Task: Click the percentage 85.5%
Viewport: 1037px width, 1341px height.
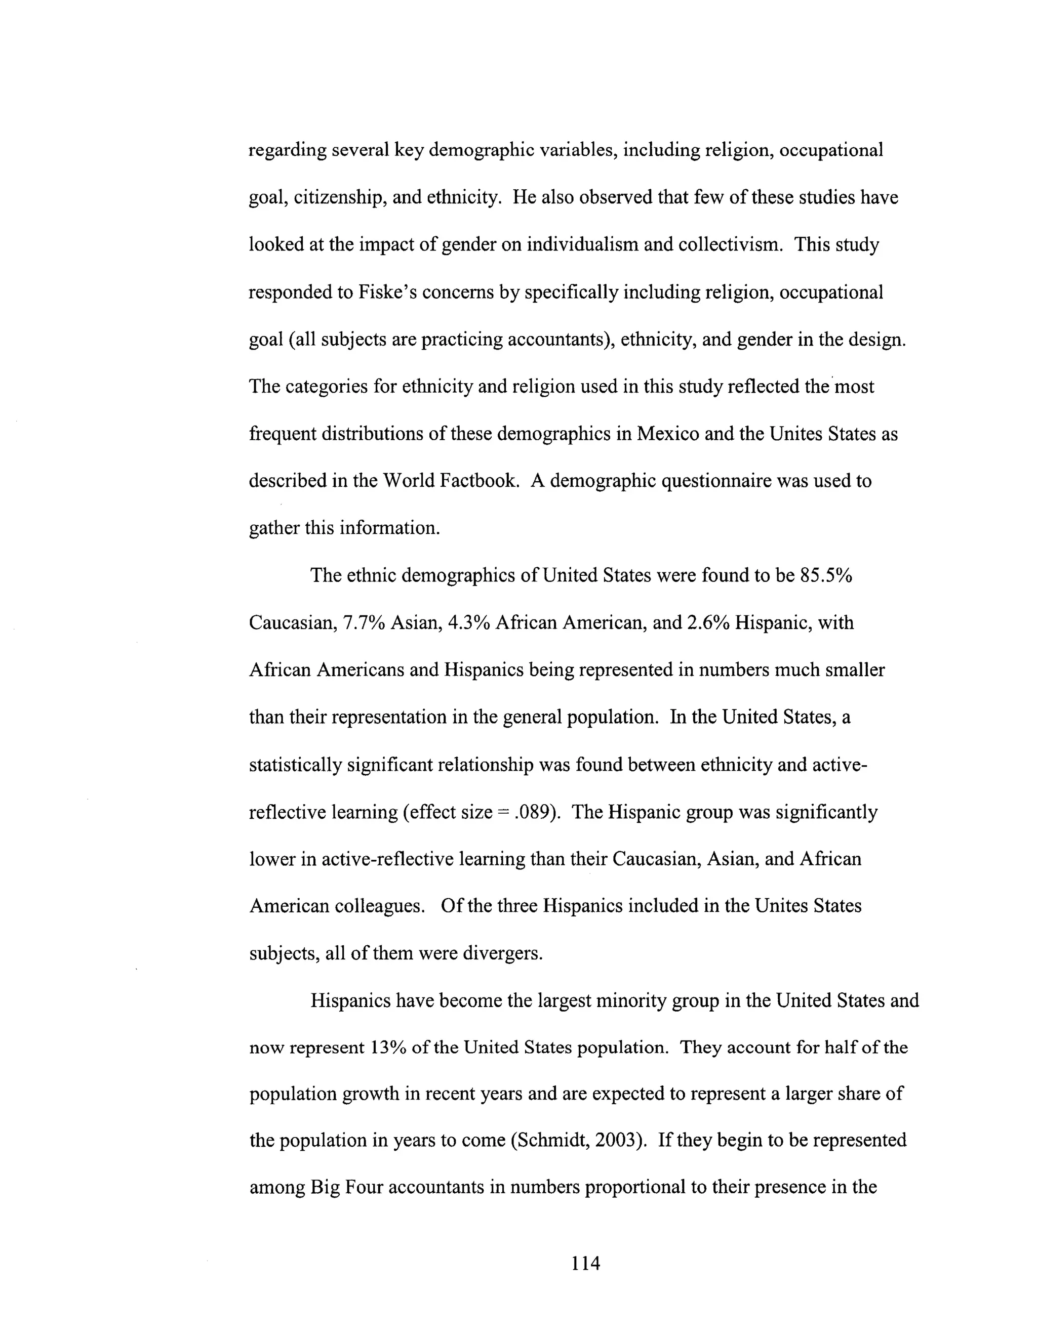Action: (x=826, y=575)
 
